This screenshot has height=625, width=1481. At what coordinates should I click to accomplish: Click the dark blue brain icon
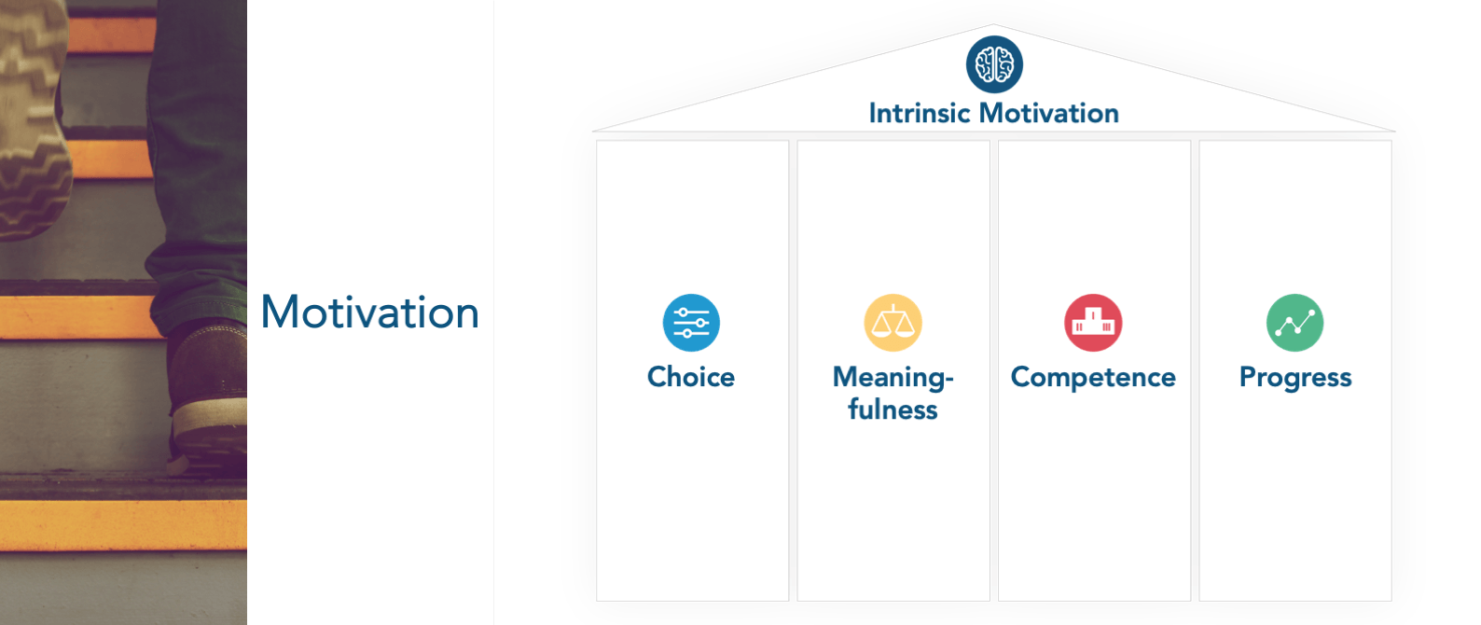(994, 64)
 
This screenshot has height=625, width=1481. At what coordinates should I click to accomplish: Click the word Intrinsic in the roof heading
(920, 113)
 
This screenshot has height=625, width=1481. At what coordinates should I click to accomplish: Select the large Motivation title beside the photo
(369, 312)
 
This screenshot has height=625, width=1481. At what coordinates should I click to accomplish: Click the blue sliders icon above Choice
(691, 323)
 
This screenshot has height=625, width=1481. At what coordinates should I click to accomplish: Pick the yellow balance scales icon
(893, 323)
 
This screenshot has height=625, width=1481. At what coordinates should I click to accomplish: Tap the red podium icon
(1093, 323)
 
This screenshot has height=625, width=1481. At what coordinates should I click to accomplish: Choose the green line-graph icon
(1294, 323)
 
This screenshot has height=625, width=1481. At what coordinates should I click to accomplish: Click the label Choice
(691, 377)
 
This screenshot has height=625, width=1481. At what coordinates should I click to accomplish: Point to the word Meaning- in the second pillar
(893, 378)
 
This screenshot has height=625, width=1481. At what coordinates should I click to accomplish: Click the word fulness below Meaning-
(893, 410)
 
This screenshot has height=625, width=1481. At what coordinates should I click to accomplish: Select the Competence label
(1093, 378)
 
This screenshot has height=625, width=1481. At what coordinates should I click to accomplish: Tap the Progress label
(1295, 378)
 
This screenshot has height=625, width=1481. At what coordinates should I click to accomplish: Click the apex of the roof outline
(993, 24)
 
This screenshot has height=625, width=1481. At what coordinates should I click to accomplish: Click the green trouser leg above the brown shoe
(199, 165)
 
